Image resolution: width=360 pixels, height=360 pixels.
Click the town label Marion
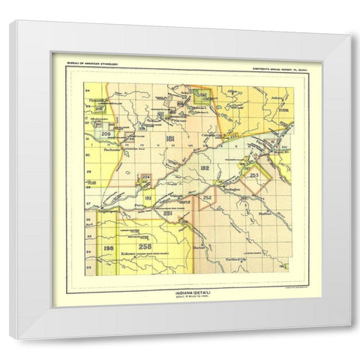coord(199,247)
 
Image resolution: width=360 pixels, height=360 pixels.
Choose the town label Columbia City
coord(217,136)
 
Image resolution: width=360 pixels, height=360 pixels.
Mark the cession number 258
coord(144,245)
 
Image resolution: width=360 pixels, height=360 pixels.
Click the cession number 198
coord(108,247)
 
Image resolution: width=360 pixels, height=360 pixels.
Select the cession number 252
coord(207,197)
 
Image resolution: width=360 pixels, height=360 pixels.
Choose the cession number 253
coord(254,175)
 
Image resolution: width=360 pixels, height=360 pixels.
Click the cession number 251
coord(168,214)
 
